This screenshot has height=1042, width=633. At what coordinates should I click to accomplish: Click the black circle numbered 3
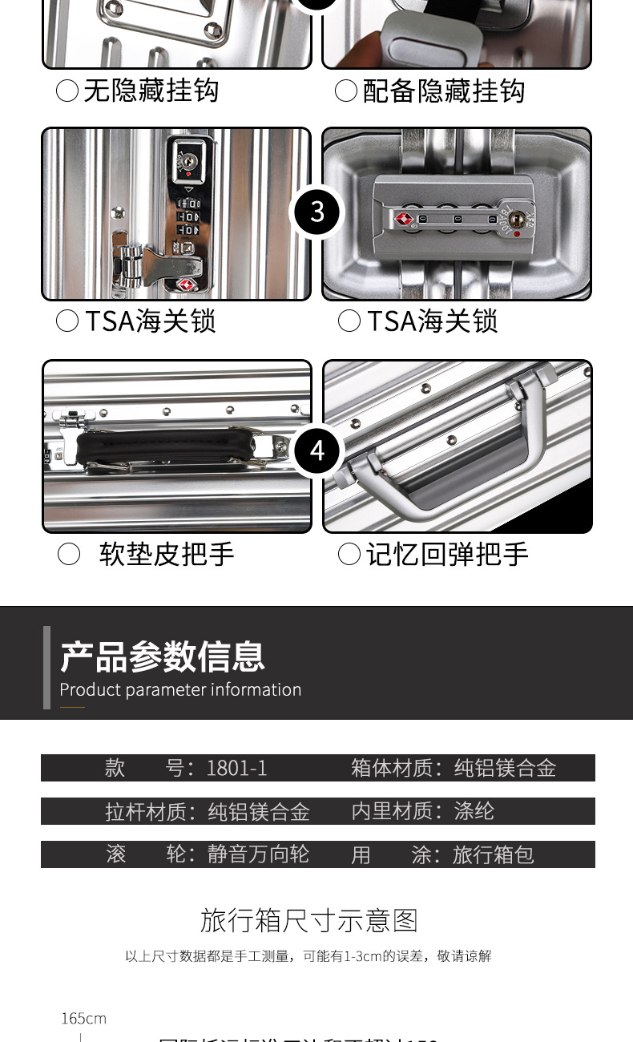click(x=317, y=212)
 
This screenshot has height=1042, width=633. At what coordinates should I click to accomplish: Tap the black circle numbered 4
click(x=317, y=451)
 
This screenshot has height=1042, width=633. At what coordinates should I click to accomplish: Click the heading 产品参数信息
click(x=163, y=657)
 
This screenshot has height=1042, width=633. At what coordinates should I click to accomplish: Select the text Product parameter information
click(x=180, y=690)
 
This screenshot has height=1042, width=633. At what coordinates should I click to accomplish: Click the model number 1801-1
click(x=236, y=768)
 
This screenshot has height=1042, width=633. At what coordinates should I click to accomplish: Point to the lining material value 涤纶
click(x=474, y=811)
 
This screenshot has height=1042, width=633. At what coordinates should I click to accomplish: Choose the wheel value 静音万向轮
click(x=258, y=854)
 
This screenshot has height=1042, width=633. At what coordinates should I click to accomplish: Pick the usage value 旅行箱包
click(x=493, y=854)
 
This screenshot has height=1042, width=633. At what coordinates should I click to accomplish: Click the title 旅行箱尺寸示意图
click(x=309, y=920)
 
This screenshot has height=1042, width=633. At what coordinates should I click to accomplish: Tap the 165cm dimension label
click(x=83, y=1019)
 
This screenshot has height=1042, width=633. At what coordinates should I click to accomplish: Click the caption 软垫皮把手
click(x=167, y=554)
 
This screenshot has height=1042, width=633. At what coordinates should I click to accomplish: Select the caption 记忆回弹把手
click(x=447, y=554)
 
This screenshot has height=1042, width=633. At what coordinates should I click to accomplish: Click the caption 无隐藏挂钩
click(x=151, y=91)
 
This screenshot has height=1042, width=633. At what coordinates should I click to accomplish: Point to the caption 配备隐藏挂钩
click(x=443, y=91)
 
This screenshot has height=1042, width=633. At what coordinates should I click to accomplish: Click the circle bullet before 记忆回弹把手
click(x=349, y=554)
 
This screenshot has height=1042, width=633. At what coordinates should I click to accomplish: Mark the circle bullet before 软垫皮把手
click(x=69, y=554)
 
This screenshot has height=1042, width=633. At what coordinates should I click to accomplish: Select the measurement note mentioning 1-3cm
click(x=308, y=956)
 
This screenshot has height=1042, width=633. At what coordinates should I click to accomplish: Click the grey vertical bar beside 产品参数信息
click(x=47, y=667)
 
